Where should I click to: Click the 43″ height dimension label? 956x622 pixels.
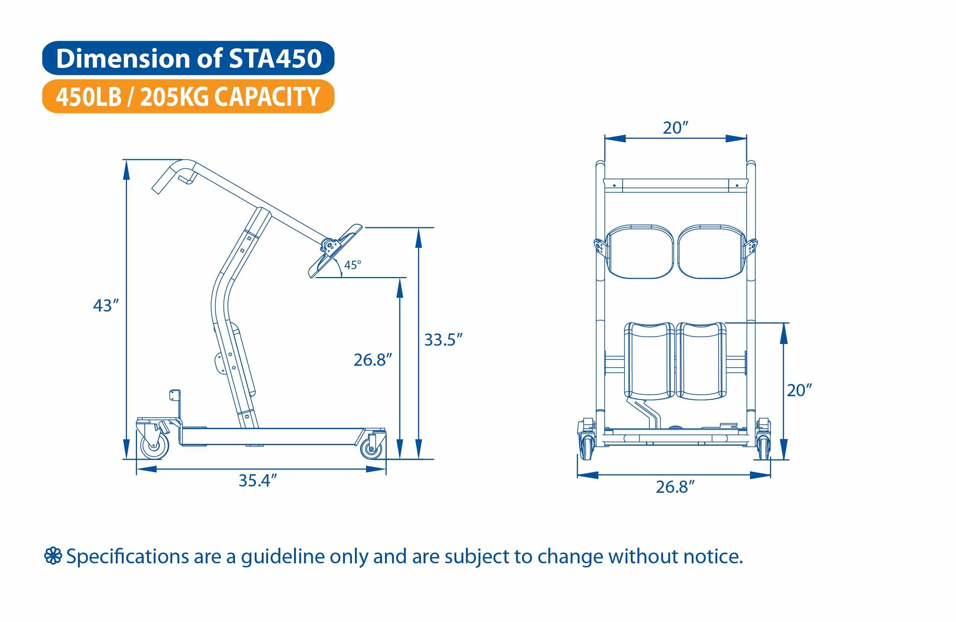(x=106, y=306)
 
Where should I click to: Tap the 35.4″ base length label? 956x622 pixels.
(x=258, y=481)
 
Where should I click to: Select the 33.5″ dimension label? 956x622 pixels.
(x=443, y=340)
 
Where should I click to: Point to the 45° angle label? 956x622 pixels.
(x=352, y=265)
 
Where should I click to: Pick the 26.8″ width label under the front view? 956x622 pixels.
(x=675, y=487)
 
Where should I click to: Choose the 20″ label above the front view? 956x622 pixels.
(x=675, y=128)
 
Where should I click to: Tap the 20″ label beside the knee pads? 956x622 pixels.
(x=799, y=390)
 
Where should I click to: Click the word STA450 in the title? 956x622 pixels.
(x=275, y=59)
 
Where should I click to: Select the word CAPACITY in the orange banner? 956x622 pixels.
(x=267, y=97)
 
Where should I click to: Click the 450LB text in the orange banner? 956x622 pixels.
(x=88, y=97)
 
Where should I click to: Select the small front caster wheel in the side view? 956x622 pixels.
(x=371, y=449)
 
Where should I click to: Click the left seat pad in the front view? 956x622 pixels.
(x=639, y=252)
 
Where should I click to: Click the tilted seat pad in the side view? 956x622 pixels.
(x=335, y=251)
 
